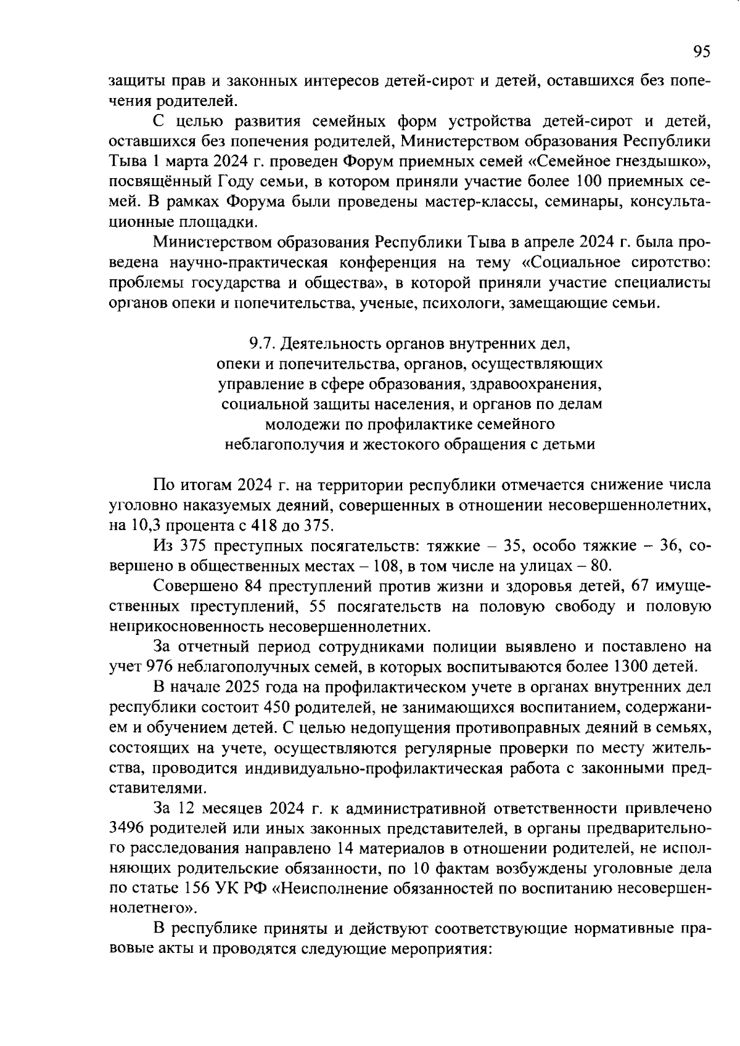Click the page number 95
[x=702, y=52]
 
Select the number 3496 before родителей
[x=126, y=827]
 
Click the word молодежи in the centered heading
[x=294, y=424]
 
